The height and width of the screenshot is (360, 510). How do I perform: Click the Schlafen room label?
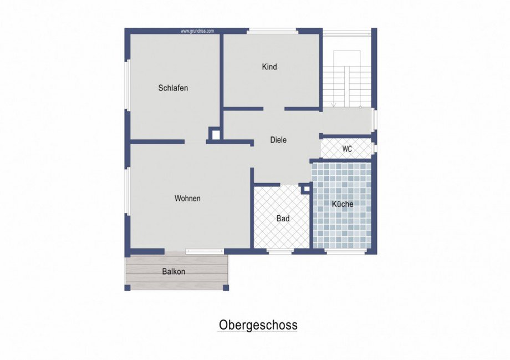pos(173,88)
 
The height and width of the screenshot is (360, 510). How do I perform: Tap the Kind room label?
pos(269,67)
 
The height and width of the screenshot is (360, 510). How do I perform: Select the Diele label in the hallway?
pos(278,140)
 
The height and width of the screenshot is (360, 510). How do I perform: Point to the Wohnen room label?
pos(187,198)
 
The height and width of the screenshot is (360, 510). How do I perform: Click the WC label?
pos(347,149)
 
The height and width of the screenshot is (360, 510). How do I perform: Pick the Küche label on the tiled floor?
pos(343,204)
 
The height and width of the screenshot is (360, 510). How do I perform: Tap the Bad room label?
pos(283,219)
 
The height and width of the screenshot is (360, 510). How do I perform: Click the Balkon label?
pos(174,271)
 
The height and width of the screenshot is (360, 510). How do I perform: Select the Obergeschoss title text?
pos(258,325)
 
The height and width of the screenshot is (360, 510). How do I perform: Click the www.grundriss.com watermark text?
pos(197,31)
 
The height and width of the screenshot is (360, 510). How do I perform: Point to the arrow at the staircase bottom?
pos(334,104)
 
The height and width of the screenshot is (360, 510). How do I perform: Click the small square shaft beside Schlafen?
pos(215,134)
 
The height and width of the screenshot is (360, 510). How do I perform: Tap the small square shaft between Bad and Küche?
pos(306,189)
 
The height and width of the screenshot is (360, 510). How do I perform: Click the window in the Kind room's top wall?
pos(273,31)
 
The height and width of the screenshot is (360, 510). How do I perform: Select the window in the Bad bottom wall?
pos(280,251)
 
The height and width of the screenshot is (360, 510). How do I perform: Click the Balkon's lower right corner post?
pos(226,288)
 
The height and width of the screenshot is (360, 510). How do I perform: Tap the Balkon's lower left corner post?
pos(127,288)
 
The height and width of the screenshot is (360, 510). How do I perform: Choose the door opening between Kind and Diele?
pos(274,109)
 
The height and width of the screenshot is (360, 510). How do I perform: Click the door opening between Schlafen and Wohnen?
pos(195,142)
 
